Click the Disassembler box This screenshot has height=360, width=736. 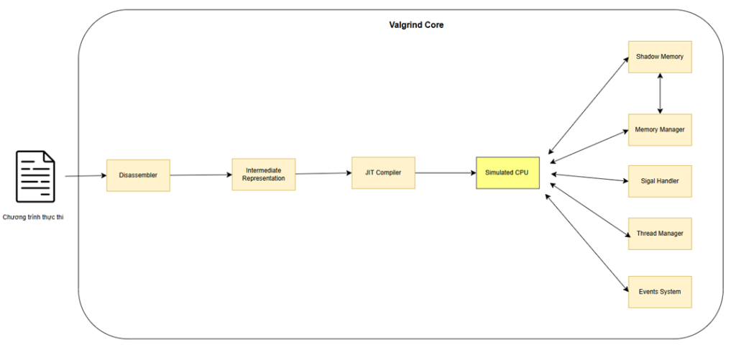(x=138, y=175)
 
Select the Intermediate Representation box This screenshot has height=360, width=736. (x=263, y=174)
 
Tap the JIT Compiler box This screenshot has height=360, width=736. (x=383, y=172)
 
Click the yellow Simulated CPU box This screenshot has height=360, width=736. (x=507, y=172)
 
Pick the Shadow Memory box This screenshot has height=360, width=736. (x=660, y=57)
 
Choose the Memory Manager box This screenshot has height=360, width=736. (x=660, y=129)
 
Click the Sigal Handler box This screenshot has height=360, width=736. (x=660, y=180)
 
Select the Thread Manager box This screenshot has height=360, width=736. (x=660, y=234)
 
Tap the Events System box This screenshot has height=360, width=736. (x=660, y=292)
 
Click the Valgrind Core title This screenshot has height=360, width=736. (x=416, y=25)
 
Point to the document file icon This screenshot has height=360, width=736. (x=35, y=177)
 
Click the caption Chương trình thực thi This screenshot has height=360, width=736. (x=33, y=217)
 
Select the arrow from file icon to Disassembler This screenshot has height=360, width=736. (x=86, y=176)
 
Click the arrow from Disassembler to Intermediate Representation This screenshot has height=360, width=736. (x=201, y=175)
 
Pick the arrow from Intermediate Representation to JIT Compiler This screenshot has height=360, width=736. (x=324, y=173)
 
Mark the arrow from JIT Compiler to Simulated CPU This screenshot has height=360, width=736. (x=446, y=172)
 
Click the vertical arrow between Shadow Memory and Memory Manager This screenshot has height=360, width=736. (x=660, y=93)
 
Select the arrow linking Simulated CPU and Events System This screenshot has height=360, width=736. (x=586, y=243)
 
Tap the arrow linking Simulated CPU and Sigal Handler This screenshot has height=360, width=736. (x=590, y=177)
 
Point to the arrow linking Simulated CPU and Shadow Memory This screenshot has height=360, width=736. (x=588, y=106)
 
